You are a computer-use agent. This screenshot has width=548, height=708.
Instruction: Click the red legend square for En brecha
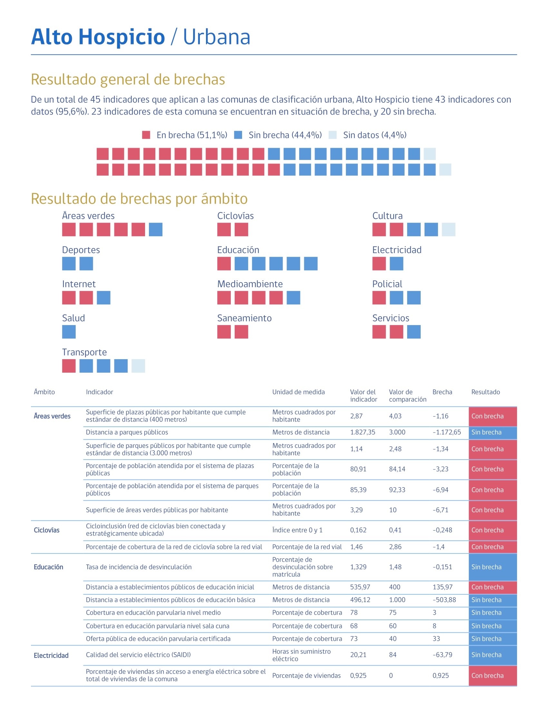click(x=146, y=135)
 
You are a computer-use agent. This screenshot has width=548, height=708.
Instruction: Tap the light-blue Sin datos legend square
click(x=332, y=135)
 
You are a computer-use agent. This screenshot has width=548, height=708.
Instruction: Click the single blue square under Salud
click(x=69, y=331)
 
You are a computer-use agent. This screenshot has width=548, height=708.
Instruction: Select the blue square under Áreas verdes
click(x=155, y=229)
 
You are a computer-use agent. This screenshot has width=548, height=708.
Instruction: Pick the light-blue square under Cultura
click(x=448, y=229)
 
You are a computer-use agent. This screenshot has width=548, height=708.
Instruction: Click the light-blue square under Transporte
click(x=138, y=366)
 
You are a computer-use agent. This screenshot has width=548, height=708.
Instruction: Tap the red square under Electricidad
click(x=379, y=264)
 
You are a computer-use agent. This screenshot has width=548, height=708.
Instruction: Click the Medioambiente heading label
click(x=250, y=284)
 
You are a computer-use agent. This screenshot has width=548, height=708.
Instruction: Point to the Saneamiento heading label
click(x=244, y=318)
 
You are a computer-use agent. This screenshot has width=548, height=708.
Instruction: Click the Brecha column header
click(x=442, y=392)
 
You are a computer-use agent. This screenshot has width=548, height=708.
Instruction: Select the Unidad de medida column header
click(x=298, y=392)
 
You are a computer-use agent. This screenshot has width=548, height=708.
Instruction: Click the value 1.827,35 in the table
click(x=362, y=432)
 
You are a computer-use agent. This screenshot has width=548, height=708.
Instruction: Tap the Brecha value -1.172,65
click(x=446, y=432)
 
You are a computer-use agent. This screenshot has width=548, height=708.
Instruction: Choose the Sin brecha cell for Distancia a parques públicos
click(x=492, y=433)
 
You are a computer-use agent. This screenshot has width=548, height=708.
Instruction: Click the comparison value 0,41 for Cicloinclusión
click(x=395, y=530)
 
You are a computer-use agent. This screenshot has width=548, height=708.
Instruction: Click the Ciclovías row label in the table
click(x=46, y=530)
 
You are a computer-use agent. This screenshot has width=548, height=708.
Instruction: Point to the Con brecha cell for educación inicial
click(x=492, y=587)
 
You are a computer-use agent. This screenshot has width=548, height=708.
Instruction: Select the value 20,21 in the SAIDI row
click(x=358, y=655)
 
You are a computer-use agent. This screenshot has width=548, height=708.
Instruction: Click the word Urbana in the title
click(x=217, y=37)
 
